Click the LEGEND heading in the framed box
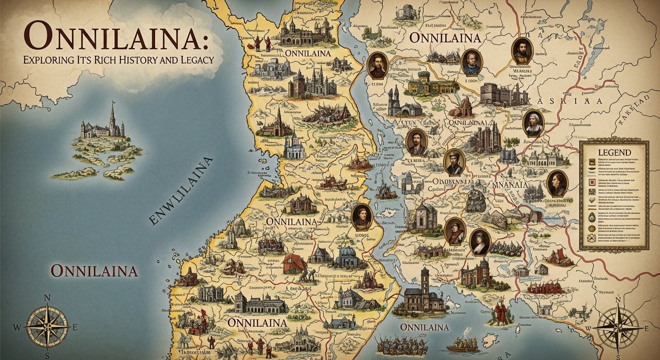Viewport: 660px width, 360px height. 614,153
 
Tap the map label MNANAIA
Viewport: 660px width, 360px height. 511,185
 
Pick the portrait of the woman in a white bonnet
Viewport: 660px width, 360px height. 533,123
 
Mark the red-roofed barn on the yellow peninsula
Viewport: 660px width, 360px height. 294,264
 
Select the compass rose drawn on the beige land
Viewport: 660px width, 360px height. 618,326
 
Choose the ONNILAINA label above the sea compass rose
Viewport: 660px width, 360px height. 94,271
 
